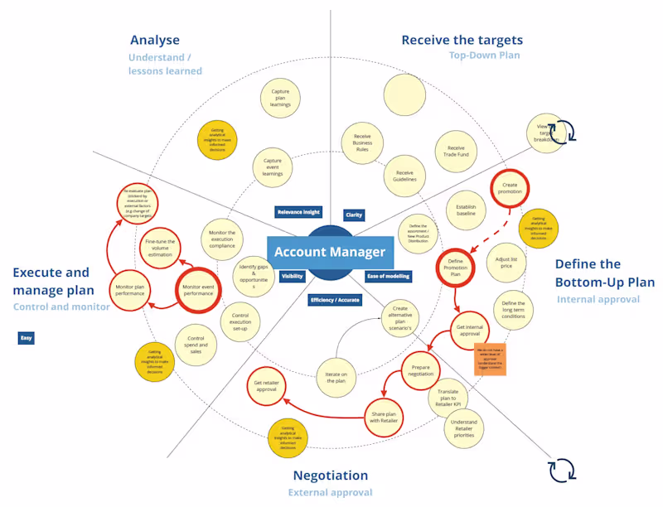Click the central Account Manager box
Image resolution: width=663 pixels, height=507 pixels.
click(330, 252)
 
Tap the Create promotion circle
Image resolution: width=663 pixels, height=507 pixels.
click(509, 188)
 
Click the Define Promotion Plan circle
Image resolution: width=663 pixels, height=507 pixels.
click(456, 267)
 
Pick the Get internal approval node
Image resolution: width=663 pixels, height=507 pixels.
click(469, 330)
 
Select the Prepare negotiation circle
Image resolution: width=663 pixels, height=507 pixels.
click(422, 369)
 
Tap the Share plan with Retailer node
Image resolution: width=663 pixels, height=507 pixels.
click(383, 415)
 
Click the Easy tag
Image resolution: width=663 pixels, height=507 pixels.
click(27, 338)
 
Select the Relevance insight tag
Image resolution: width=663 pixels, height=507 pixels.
click(298, 212)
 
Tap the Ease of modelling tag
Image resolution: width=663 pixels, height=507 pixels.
click(388, 276)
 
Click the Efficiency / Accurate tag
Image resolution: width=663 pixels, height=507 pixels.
click(335, 300)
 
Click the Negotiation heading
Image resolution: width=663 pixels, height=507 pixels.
click(330, 476)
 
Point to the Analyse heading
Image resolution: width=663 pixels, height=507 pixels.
click(154, 40)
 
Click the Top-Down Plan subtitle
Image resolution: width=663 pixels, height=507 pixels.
click(485, 56)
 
